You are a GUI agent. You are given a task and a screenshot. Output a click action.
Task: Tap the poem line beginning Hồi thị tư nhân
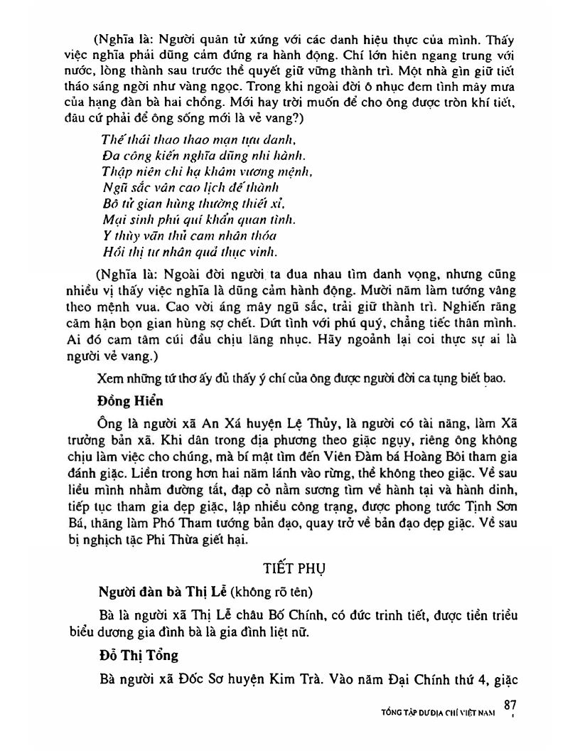click(x=180, y=251)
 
